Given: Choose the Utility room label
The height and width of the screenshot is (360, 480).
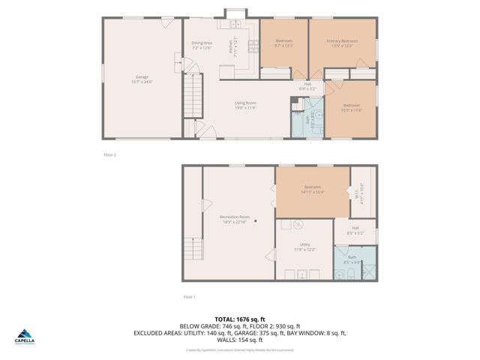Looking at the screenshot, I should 304,244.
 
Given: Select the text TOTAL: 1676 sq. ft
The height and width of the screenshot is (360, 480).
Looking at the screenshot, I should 239,318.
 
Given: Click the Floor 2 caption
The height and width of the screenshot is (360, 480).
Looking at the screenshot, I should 109,154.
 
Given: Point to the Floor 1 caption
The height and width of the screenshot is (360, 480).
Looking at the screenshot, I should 190,297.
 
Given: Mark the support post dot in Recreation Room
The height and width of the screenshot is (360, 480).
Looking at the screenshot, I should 255,220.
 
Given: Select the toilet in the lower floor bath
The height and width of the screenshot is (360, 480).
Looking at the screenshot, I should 340,276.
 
